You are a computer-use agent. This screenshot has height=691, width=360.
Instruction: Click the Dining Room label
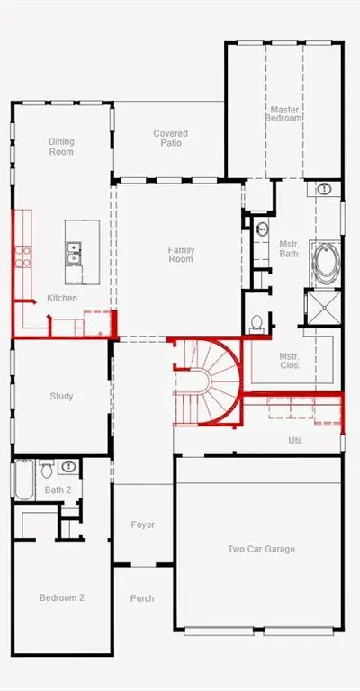[x=61, y=147]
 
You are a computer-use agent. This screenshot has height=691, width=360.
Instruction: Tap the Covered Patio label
[x=170, y=138]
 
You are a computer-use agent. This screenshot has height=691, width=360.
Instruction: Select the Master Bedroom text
[x=284, y=113]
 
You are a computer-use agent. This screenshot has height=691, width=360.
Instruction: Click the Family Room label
[x=181, y=255]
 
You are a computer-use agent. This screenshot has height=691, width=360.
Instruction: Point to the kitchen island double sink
[x=73, y=253]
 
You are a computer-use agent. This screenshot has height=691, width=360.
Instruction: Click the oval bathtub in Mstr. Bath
[x=327, y=263]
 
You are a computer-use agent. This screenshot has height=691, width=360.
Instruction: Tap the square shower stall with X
[x=323, y=307]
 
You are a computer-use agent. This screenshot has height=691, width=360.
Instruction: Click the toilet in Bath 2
[x=47, y=469]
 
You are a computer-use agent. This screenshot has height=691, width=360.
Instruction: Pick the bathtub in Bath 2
[x=24, y=480]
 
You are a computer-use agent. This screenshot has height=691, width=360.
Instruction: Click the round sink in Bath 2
[x=68, y=466]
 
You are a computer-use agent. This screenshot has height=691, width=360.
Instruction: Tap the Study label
[x=61, y=396]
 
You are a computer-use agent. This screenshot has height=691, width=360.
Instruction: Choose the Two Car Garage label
[x=261, y=549]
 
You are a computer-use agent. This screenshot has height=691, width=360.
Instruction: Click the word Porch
[x=142, y=598]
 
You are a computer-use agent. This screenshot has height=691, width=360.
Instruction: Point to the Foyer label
[x=143, y=525]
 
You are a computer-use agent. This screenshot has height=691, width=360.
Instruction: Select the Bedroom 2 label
[x=62, y=598]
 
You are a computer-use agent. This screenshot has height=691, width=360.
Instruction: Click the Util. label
[x=296, y=440]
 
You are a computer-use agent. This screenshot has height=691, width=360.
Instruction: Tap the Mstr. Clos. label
[x=290, y=361]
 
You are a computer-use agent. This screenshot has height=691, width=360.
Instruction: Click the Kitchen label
[x=62, y=299]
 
